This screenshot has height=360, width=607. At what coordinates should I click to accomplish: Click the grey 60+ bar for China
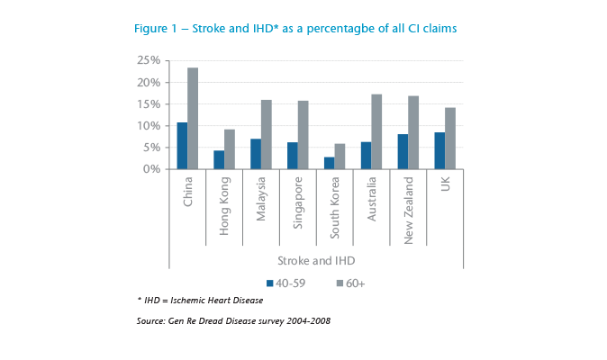(x=193, y=118)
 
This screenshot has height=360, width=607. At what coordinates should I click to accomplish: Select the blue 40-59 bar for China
(x=182, y=145)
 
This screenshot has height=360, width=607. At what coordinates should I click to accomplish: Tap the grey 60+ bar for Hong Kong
(x=230, y=149)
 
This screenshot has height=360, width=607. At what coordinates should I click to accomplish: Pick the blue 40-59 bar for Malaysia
(x=256, y=154)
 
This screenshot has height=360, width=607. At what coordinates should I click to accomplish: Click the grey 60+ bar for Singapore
(x=303, y=135)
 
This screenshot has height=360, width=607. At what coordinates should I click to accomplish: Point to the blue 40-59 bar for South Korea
(x=330, y=163)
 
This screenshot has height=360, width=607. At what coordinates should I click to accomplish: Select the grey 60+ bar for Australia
(x=376, y=131)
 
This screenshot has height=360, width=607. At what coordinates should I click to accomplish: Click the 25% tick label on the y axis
(x=149, y=60)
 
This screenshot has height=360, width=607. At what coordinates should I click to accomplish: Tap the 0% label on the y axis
(x=152, y=169)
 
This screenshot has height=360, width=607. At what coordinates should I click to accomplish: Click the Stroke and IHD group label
(x=314, y=260)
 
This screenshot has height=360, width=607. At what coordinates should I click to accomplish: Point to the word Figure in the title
(x=151, y=29)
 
